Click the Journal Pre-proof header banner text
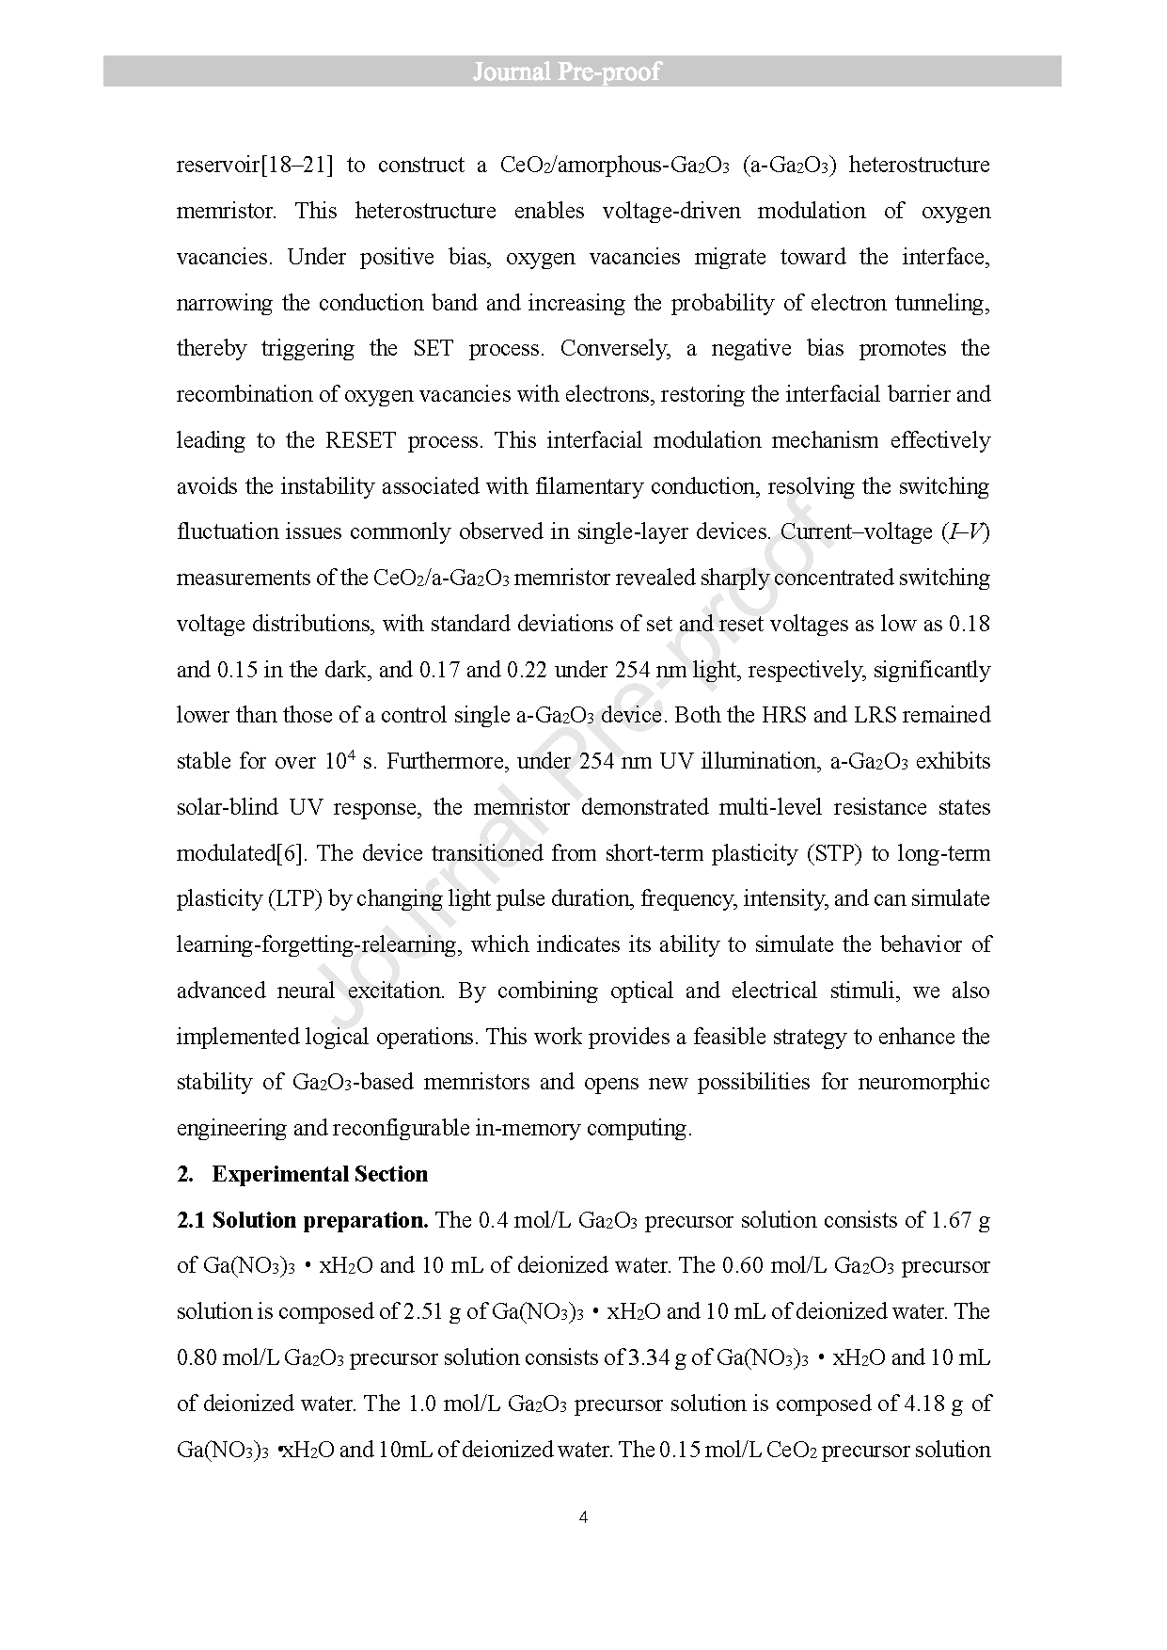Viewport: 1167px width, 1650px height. [566, 71]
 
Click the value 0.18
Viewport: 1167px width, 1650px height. [970, 624]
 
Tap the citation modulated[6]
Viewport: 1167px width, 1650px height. [244, 853]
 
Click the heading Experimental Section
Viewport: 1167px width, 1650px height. [320, 1174]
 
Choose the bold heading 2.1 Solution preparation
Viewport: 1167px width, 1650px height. [303, 1220]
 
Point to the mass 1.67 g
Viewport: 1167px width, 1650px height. [960, 1220]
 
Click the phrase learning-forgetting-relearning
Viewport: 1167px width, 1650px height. [318, 945]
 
